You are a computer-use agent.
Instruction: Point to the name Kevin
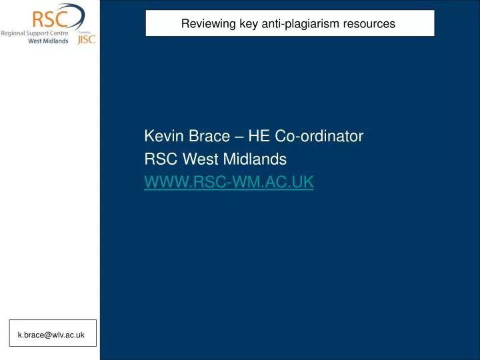click(x=162, y=137)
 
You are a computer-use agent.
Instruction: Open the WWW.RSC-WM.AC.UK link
click(x=229, y=181)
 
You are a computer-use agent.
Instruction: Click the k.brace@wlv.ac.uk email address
click(x=51, y=335)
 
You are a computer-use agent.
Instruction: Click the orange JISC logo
click(x=86, y=39)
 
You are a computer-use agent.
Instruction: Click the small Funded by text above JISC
click(x=84, y=31)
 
